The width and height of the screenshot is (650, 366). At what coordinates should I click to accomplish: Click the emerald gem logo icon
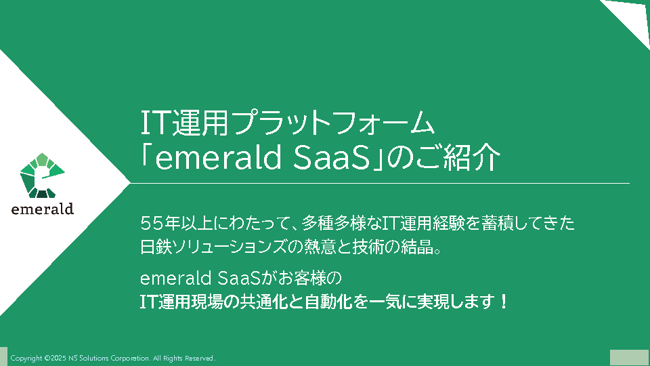(x=42, y=176)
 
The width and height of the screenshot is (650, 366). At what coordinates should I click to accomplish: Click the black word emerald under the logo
(x=43, y=209)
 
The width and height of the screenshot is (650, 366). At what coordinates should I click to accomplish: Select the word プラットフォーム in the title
(x=333, y=123)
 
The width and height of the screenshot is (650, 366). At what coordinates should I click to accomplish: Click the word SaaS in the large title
(x=331, y=158)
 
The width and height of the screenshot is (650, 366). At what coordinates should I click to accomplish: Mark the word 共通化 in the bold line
(x=264, y=302)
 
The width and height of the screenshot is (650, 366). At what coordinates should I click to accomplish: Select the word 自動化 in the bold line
(x=328, y=302)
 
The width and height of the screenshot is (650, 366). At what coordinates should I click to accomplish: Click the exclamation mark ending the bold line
(x=504, y=302)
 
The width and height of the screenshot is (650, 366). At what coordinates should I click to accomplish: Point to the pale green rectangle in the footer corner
(x=629, y=358)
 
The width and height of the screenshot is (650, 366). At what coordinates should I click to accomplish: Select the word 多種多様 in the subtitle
(x=334, y=224)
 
